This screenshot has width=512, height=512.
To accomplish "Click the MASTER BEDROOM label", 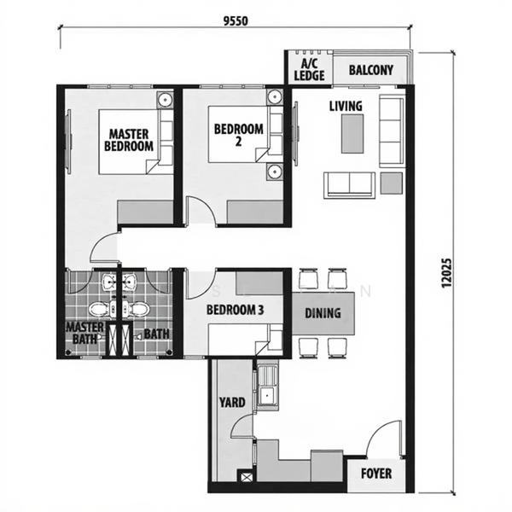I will coord(129,139).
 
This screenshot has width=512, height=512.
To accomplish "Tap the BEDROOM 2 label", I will coord(238,135).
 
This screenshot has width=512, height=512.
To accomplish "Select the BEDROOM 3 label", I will coord(235,311).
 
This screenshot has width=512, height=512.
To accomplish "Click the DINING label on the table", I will coord(323,313).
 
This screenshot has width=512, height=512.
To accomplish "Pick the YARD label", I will coord(232,403).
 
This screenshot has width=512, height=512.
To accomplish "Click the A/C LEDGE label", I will coord(305,70).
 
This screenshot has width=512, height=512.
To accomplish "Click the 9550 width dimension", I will coord(234,22).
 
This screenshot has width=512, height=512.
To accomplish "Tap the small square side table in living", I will coord(391,182).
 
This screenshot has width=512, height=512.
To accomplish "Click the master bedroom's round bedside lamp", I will coord(166,101).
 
